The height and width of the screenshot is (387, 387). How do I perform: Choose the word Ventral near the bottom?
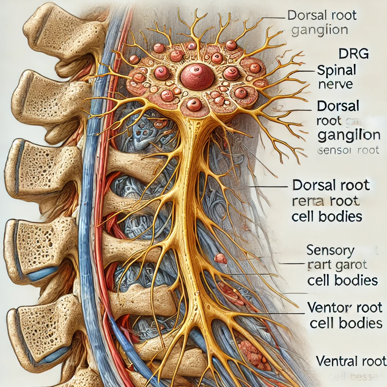334,361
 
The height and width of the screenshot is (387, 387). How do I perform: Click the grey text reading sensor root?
347,150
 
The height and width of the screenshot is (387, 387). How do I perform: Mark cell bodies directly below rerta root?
327,217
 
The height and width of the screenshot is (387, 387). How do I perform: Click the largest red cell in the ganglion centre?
197,76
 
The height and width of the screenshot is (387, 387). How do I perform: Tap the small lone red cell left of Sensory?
220,259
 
